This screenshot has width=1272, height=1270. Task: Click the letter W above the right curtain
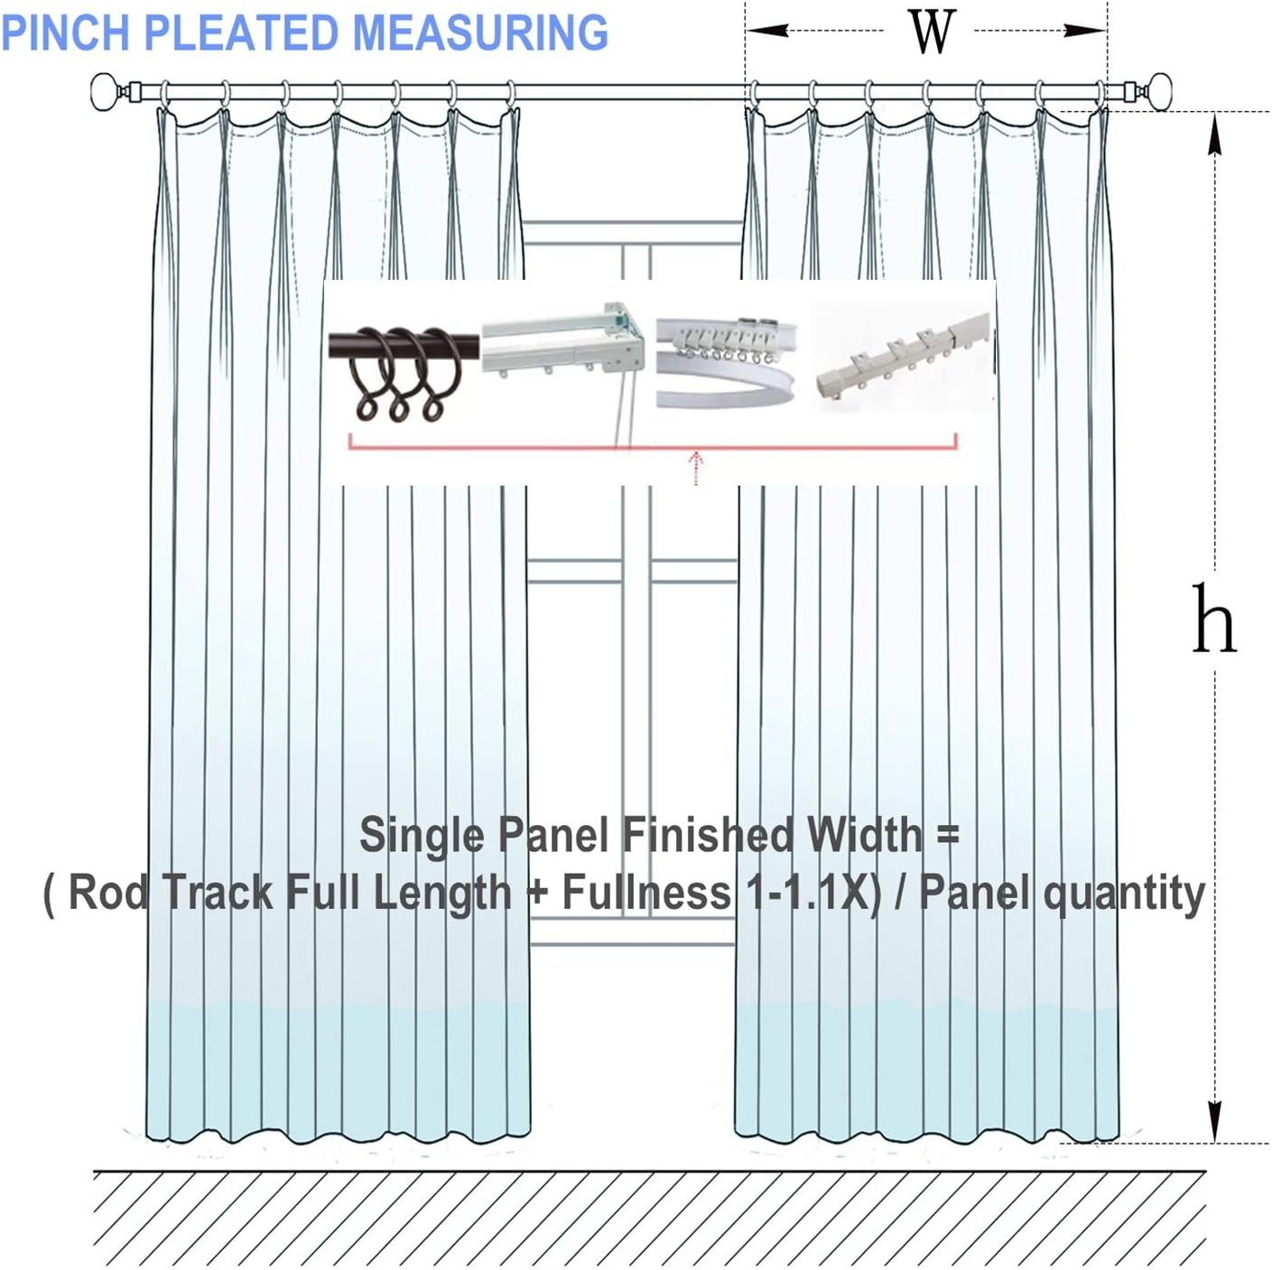(x=931, y=32)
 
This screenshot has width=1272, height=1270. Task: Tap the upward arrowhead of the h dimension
(x=1215, y=135)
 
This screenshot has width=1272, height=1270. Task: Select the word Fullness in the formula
(x=645, y=893)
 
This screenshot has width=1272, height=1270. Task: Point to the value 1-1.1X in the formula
(x=812, y=893)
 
